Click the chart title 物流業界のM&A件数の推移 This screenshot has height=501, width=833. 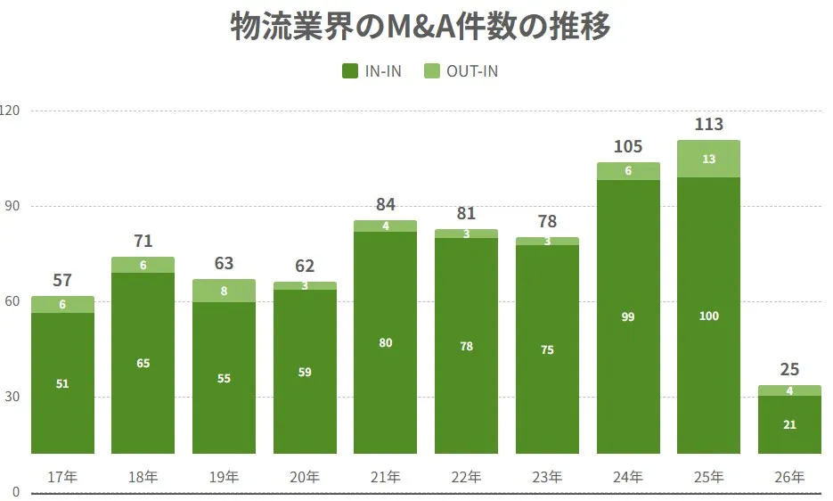pos(421,28)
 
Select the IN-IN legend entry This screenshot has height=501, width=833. pos(372,71)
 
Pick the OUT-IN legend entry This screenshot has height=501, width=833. pos(461,71)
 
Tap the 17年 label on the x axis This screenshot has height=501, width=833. pos(62,477)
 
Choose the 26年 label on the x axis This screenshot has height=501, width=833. pos(789,477)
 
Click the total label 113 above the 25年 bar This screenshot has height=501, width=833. pos(709,124)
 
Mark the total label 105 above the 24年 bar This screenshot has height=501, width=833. pos(628,146)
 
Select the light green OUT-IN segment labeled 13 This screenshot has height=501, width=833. pos(709,159)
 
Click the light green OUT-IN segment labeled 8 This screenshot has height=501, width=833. pos(224,291)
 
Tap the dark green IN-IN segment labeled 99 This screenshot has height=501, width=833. pos(628,316)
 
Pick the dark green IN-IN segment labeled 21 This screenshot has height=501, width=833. pos(789,424)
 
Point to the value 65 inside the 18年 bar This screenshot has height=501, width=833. pos(143,363)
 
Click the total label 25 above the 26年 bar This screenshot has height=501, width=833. pos(789,369)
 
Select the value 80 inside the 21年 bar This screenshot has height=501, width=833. pos(385,342)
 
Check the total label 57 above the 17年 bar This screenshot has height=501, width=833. pos(62,281)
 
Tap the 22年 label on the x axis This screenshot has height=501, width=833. pos(466,477)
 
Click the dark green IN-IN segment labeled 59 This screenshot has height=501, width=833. pos(305,372)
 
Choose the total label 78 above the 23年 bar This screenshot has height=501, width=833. pos(547,221)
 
